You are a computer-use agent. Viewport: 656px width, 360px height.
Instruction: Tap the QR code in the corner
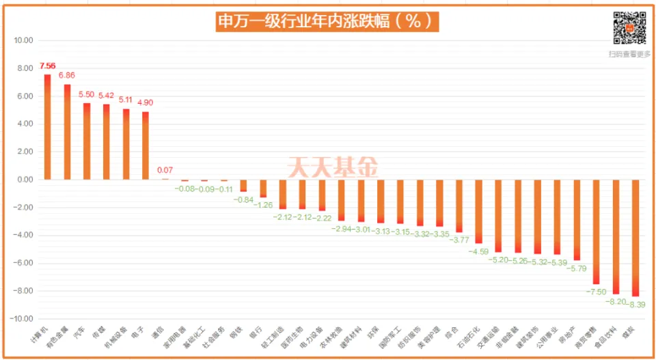[x=629, y=28]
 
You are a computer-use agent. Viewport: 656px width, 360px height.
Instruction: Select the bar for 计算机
[x=47, y=126]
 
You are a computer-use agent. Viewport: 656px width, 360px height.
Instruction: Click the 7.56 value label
[x=47, y=66]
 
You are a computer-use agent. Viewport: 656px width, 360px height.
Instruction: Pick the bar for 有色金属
[x=67, y=131]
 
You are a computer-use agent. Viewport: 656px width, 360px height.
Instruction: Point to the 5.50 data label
[x=87, y=95]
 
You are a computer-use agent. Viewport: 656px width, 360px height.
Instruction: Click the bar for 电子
[x=146, y=145]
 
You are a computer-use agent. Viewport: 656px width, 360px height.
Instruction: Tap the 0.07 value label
[x=165, y=170]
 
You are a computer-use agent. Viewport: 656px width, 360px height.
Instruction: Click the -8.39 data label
[x=635, y=305]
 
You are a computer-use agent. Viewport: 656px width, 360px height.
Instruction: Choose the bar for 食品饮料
[x=616, y=236]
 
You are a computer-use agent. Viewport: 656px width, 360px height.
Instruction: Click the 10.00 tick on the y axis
[x=23, y=40]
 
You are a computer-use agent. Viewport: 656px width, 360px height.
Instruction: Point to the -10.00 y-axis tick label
[x=21, y=319]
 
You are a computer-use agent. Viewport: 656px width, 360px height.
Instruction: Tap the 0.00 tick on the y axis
[x=25, y=180]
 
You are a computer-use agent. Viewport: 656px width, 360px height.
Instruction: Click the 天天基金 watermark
[x=332, y=166]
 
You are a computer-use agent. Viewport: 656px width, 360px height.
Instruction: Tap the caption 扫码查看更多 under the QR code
[x=629, y=54]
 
